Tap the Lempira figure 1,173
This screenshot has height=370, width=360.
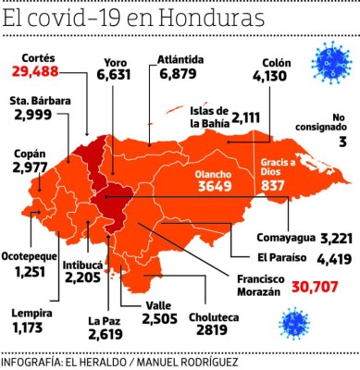pyautogui.click(x=29, y=327)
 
